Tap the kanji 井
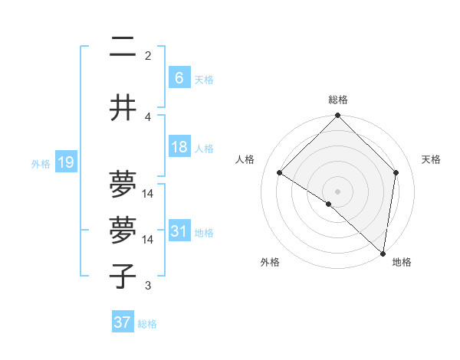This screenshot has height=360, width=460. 123,108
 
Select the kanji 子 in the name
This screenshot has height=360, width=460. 123,276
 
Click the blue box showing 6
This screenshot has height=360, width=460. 179,78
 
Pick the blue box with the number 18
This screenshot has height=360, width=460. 179,147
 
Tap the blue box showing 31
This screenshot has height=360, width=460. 179,231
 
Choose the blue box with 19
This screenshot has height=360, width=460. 65,162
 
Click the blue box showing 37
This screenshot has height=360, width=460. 122,322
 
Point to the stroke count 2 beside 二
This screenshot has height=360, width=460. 148,55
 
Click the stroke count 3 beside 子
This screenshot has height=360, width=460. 148,286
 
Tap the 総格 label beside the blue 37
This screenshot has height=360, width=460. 147,324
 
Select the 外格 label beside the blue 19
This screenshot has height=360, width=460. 41,163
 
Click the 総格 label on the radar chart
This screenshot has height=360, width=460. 337,100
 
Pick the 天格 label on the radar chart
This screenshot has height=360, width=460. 432,159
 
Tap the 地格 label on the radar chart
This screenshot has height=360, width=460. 402,262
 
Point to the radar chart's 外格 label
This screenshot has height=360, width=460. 270,262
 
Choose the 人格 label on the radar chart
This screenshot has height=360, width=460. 245,159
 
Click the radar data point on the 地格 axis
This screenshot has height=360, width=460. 383,253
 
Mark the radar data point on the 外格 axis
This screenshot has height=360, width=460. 329,204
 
